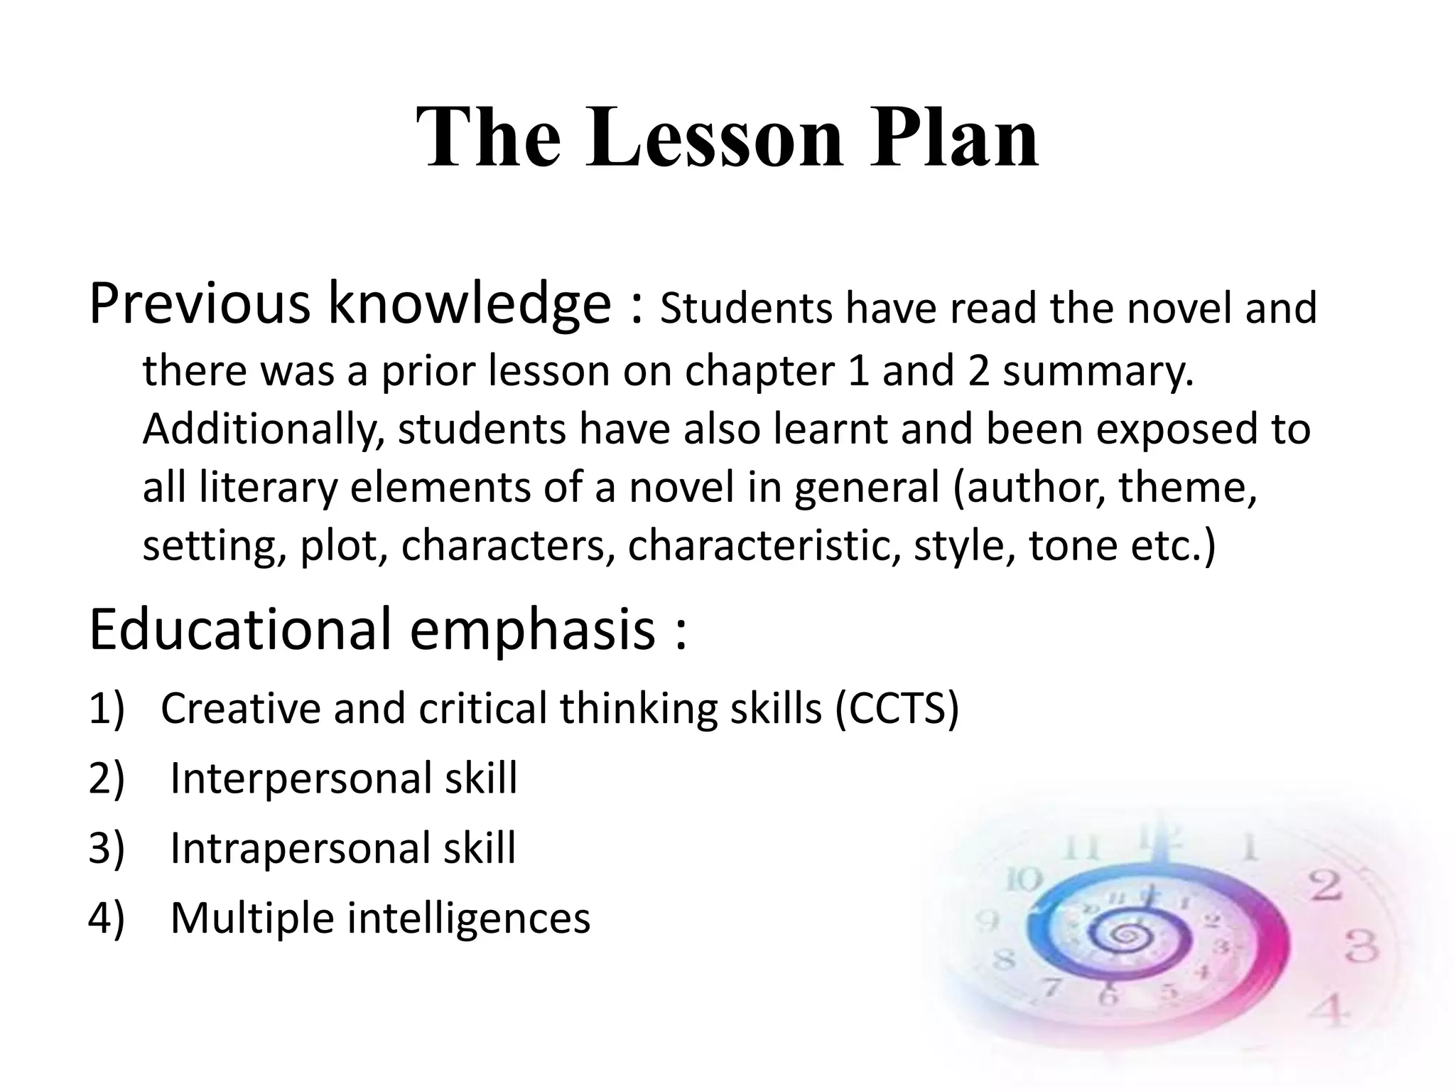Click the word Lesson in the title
(x=714, y=136)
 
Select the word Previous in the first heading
(x=200, y=304)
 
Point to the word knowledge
(x=469, y=304)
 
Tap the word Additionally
(x=263, y=430)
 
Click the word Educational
(x=242, y=629)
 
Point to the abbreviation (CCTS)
(x=897, y=708)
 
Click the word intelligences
(x=468, y=918)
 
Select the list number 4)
(x=106, y=918)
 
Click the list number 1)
(x=106, y=708)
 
